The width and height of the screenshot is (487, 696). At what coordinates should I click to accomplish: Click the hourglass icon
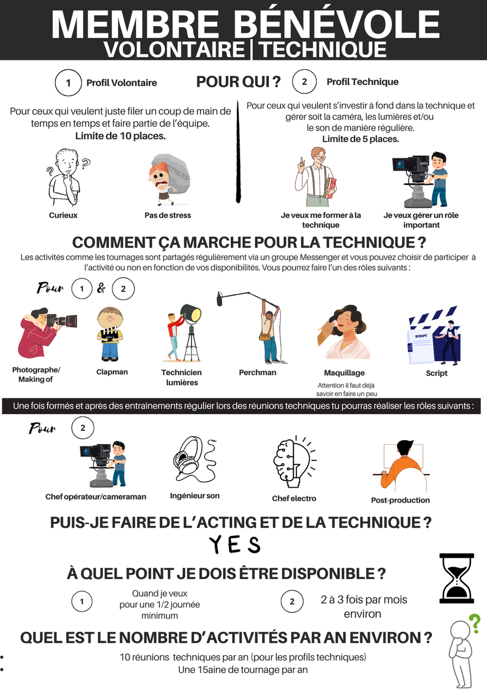pos(457,578)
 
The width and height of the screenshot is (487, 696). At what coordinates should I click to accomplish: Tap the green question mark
pos(474,623)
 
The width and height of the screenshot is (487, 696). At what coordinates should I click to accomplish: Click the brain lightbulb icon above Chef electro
pos(294,462)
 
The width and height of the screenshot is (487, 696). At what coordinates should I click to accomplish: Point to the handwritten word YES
pos(235,545)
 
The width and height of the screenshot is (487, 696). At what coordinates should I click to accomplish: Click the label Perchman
pos(257,372)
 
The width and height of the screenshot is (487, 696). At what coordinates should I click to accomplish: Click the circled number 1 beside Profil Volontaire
pos(68,82)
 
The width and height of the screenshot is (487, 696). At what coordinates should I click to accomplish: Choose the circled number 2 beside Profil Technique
pos(304,81)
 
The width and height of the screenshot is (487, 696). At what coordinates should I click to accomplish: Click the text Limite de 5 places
pos(360,139)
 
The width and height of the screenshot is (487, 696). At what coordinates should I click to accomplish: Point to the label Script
pos(436,373)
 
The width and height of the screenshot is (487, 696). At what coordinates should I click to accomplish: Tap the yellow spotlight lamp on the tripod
pos(191,314)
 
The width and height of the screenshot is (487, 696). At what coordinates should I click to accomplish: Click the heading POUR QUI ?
pos(239,82)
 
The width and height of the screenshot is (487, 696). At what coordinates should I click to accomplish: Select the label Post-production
pos(400,500)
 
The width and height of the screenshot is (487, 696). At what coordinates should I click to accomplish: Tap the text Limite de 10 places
pos(121,136)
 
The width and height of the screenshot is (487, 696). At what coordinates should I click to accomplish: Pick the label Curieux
pos(63,215)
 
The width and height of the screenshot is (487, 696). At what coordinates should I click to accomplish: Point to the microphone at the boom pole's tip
pos(220,299)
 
